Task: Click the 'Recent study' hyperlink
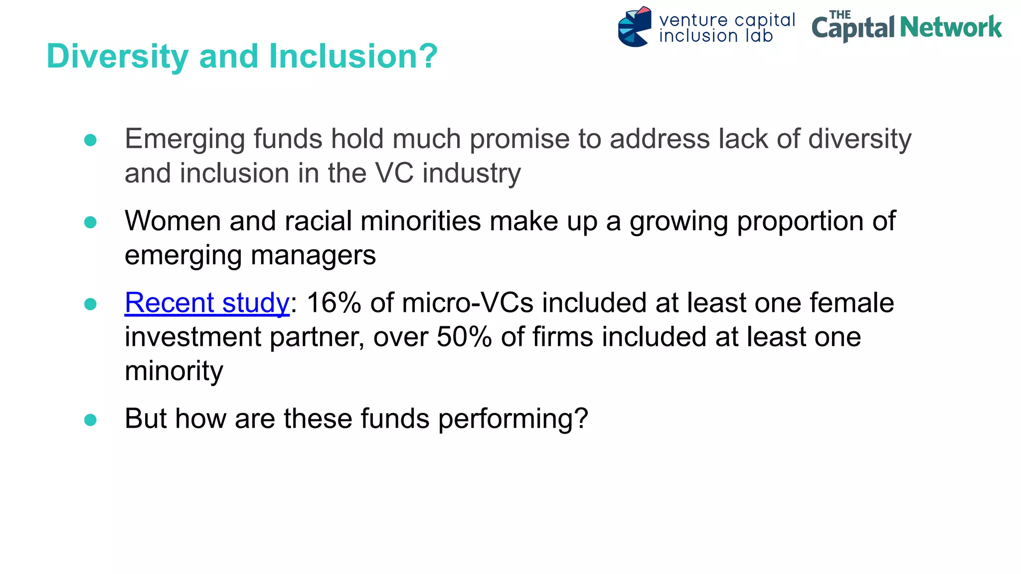[207, 303]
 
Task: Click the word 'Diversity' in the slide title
[118, 56]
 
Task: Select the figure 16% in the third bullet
[334, 303]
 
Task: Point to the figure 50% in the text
[464, 337]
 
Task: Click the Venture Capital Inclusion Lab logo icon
[635, 27]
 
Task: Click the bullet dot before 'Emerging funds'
[90, 140]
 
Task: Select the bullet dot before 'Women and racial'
[90, 222]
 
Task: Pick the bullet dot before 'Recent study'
[90, 304]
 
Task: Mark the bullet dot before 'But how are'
[90, 420]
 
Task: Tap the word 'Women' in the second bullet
[172, 221]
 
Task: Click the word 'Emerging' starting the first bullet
[184, 140]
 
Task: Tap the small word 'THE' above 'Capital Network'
[840, 14]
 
